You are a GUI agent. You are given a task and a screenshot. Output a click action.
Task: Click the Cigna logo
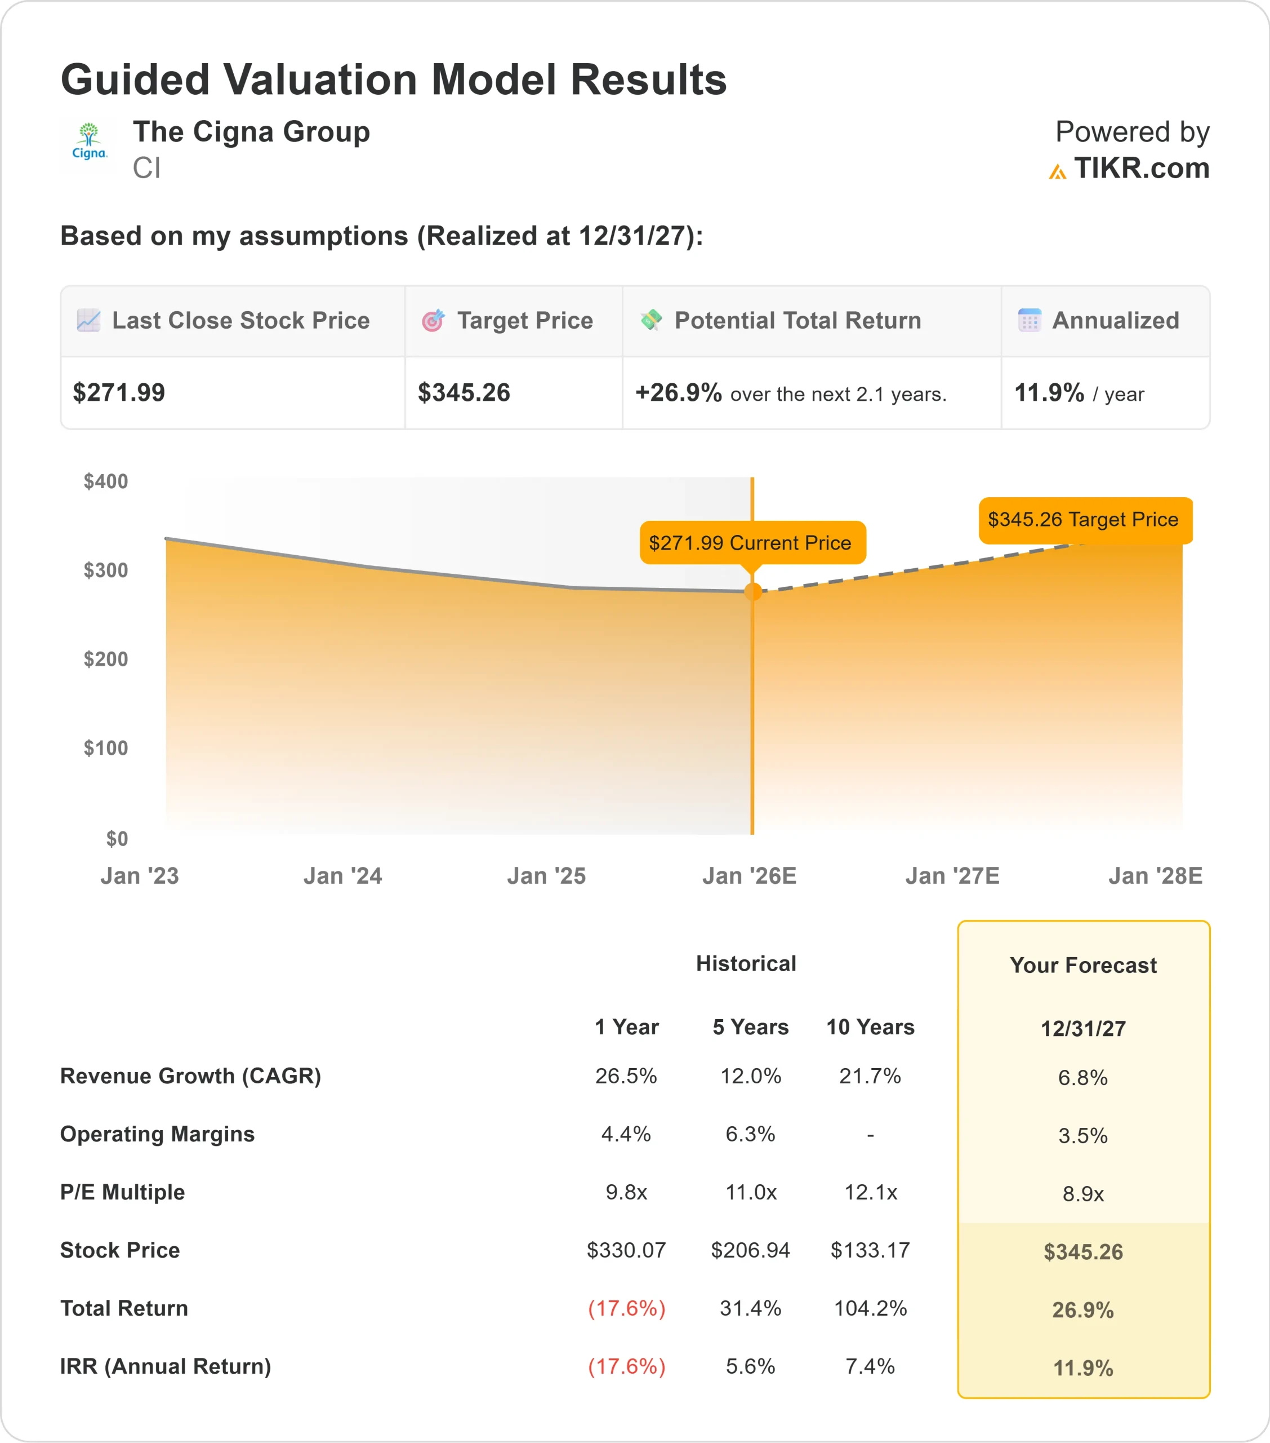pyautogui.click(x=89, y=143)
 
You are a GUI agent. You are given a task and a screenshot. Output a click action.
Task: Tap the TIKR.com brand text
pyautogui.click(x=1141, y=168)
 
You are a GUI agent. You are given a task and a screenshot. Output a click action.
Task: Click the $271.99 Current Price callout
pyautogui.click(x=752, y=542)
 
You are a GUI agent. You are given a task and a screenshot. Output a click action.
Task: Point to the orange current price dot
pyautogui.click(x=753, y=592)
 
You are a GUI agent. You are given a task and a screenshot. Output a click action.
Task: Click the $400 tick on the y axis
pyautogui.click(x=106, y=481)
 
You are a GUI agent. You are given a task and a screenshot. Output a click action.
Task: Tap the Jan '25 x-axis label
pyautogui.click(x=546, y=875)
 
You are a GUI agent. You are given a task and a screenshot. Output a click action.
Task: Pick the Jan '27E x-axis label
pyautogui.click(x=952, y=875)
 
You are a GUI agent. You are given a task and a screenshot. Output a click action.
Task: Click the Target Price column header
pyautogui.click(x=524, y=321)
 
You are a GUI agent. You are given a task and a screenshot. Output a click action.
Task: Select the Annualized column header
pyautogui.click(x=1115, y=321)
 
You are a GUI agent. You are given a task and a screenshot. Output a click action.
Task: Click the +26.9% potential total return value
pyautogui.click(x=678, y=392)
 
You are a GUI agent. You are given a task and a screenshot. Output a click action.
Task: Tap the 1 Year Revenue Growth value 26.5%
pyautogui.click(x=626, y=1076)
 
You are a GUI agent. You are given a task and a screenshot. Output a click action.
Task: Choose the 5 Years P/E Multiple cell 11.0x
pyautogui.click(x=751, y=1192)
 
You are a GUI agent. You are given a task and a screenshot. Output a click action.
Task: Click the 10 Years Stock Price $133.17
pyautogui.click(x=870, y=1250)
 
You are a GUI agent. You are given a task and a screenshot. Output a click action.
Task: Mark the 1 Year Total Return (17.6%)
pyautogui.click(x=626, y=1308)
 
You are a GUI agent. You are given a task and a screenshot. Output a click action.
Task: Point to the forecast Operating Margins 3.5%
pyautogui.click(x=1083, y=1135)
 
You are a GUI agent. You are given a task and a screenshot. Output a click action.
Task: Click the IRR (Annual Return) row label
pyautogui.click(x=166, y=1366)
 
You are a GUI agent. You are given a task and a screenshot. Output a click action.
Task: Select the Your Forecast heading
pyautogui.click(x=1083, y=965)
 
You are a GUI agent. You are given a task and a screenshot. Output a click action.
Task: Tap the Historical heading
pyautogui.click(x=746, y=964)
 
